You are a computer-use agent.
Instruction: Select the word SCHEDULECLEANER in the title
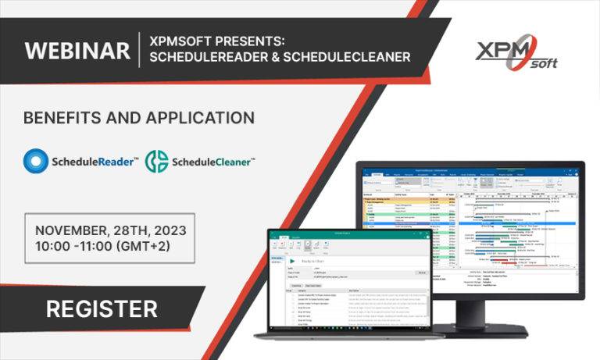349,57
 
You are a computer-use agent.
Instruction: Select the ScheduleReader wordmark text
96,162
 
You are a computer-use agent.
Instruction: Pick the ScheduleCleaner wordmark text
212,162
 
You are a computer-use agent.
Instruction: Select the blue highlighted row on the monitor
469,222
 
